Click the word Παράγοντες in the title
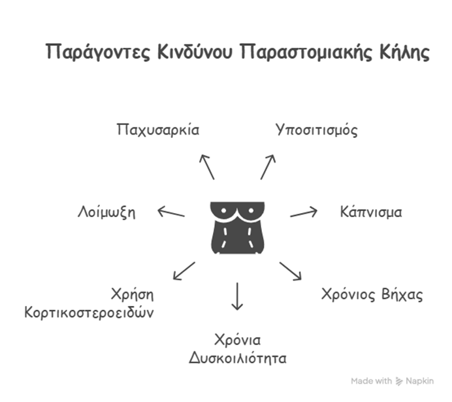pyautogui.click(x=98, y=52)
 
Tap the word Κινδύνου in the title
pyautogui.click(x=195, y=52)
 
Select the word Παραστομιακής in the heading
pyautogui.click(x=306, y=52)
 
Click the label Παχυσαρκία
pyautogui.click(x=158, y=130)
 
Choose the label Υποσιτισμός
pyautogui.click(x=317, y=130)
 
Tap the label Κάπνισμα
pyautogui.click(x=371, y=212)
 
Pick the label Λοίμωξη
pyautogui.click(x=106, y=212)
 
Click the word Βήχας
pyautogui.click(x=402, y=295)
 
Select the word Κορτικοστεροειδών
pyautogui.click(x=89, y=312)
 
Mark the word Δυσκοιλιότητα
pyautogui.click(x=238, y=358)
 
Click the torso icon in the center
pyautogui.click(x=237, y=228)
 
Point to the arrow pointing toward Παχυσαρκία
pyautogui.click(x=207, y=167)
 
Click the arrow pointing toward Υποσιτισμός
pyautogui.click(x=268, y=167)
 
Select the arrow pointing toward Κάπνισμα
pyautogui.click(x=304, y=213)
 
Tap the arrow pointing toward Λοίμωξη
pyautogui.click(x=171, y=212)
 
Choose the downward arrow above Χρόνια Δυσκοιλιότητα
pyautogui.click(x=237, y=296)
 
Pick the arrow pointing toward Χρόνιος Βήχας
pyautogui.click(x=291, y=271)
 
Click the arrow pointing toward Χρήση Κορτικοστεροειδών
pyautogui.click(x=184, y=271)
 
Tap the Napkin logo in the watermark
pyautogui.click(x=399, y=381)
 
